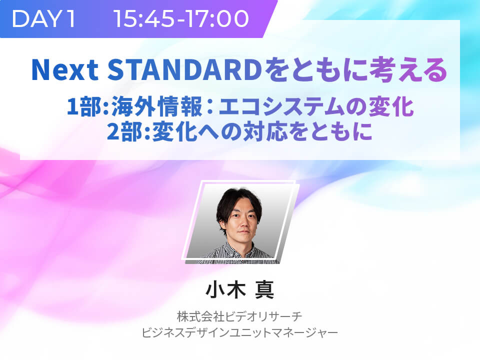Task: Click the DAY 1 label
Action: [43, 18]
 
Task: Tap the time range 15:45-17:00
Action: [181, 18]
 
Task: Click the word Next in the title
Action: [65, 70]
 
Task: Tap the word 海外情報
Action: [156, 106]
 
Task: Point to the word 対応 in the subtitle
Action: [265, 131]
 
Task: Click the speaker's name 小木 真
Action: [240, 289]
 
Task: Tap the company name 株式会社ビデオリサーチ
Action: [239, 316]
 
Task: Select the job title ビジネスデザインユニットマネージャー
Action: [239, 332]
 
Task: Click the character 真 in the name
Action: [264, 289]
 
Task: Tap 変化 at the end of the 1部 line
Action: [391, 106]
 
